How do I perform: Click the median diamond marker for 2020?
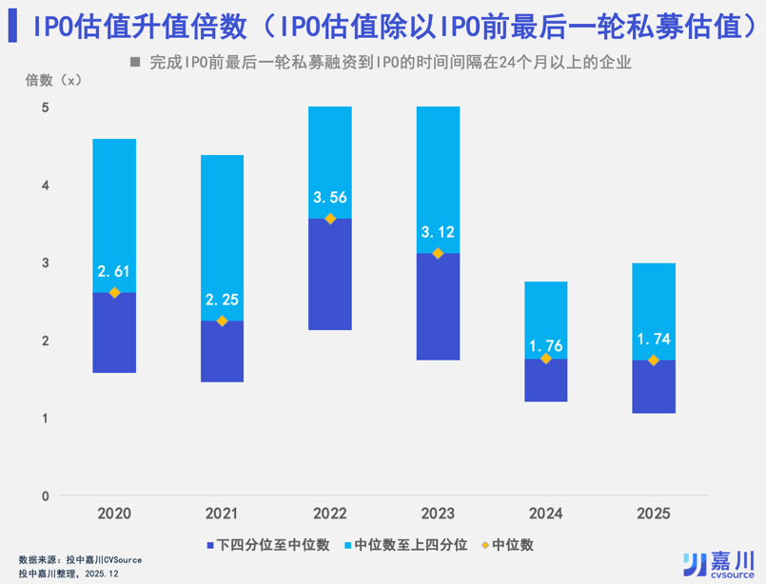[114, 293]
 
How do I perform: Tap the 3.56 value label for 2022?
[330, 198]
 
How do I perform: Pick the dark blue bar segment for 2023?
[438, 306]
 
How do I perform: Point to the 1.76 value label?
[545, 338]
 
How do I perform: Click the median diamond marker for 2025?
[653, 360]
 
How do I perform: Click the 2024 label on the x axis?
[545, 514]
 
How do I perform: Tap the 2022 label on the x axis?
[330, 514]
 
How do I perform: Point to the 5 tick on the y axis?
[45, 107]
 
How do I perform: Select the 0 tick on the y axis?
[45, 496]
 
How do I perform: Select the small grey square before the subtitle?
[134, 64]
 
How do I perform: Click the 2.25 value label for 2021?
[222, 300]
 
